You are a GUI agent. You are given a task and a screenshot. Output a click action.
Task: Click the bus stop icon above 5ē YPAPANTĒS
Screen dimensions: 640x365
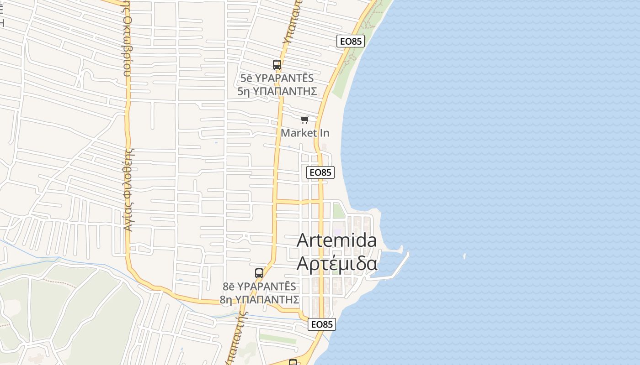(277, 65)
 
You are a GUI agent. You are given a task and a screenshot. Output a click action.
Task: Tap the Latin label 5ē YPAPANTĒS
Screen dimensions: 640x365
(277, 78)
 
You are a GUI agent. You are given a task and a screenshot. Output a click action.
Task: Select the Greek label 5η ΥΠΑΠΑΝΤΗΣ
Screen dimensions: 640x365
(277, 91)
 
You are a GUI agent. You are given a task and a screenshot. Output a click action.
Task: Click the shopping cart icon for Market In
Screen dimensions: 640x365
(304, 120)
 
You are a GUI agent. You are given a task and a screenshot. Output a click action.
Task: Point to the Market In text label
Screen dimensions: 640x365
(305, 133)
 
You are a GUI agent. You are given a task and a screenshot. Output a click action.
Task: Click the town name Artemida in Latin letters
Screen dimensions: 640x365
(337, 240)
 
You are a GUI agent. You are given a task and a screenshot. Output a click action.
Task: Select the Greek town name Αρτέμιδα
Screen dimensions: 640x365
(337, 264)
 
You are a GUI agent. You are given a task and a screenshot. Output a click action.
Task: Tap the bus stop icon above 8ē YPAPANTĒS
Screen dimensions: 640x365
(259, 273)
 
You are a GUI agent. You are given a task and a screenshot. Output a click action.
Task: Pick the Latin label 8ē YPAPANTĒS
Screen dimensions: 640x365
(259, 287)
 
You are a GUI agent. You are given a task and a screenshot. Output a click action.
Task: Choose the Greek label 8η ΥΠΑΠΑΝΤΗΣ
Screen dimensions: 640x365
(259, 300)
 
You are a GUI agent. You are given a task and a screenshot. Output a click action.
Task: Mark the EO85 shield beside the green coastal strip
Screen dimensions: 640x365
(351, 41)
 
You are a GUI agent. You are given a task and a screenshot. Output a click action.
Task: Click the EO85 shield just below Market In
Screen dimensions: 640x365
(320, 172)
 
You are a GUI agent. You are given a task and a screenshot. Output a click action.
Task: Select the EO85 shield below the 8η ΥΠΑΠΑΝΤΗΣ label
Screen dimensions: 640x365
(322, 324)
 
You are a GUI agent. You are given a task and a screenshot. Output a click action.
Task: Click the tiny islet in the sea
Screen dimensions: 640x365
(464, 256)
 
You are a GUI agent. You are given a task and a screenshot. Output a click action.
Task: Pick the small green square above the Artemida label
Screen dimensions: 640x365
(339, 211)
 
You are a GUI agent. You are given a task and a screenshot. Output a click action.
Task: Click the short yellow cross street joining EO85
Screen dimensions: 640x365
(297, 202)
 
